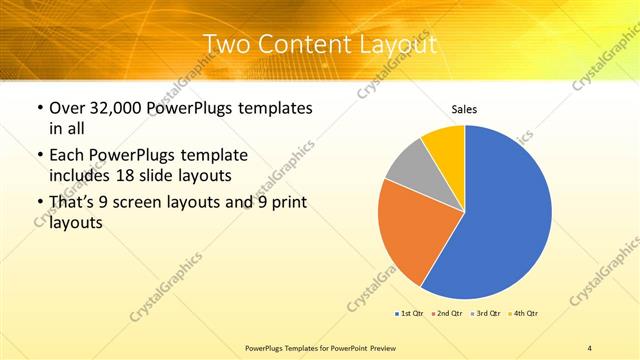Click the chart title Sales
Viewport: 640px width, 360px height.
pos(464,109)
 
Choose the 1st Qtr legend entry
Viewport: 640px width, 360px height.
pos(410,314)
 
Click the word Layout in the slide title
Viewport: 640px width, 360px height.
pos(399,45)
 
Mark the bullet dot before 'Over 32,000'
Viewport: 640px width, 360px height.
pos(38,108)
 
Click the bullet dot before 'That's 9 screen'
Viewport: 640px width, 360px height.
pos(38,203)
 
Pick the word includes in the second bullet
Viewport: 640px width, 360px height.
pos(77,175)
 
